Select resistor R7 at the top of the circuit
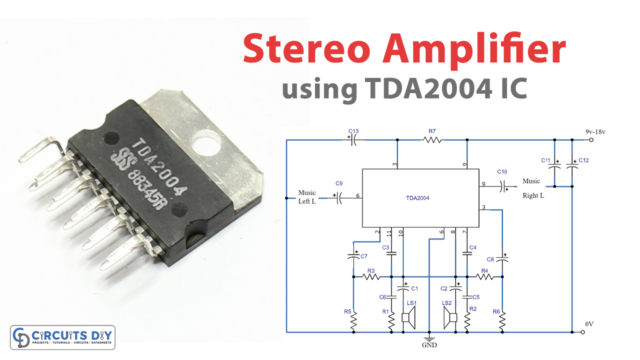[x=432, y=141]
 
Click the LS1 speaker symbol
[x=410, y=317]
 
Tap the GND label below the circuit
[x=430, y=344]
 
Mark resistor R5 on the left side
[x=353, y=317]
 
